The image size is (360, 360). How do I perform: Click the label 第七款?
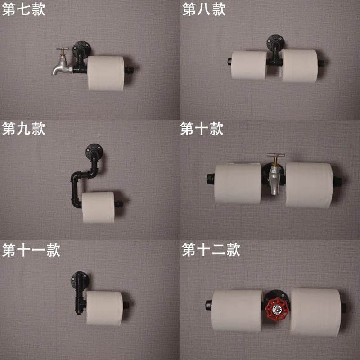[24, 9]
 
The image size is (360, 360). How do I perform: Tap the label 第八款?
[204, 9]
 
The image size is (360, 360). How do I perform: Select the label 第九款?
[24, 129]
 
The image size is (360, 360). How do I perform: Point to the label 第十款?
[202, 129]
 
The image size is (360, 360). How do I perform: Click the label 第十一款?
[31, 250]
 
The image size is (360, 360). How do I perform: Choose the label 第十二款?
[211, 250]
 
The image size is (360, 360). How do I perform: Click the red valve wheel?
[276, 310]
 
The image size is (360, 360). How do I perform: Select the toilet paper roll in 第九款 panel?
[98, 207]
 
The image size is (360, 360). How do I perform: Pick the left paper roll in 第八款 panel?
[249, 65]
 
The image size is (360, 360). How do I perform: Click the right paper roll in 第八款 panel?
[299, 66]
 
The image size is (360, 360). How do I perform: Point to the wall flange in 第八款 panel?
[275, 42]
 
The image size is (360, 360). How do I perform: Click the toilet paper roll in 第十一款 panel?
[104, 308]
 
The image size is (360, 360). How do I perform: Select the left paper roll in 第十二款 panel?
[237, 310]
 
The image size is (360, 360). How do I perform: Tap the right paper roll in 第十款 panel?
[309, 185]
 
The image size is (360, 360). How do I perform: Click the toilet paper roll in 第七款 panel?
[106, 73]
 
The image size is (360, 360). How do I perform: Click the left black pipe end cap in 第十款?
[210, 179]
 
